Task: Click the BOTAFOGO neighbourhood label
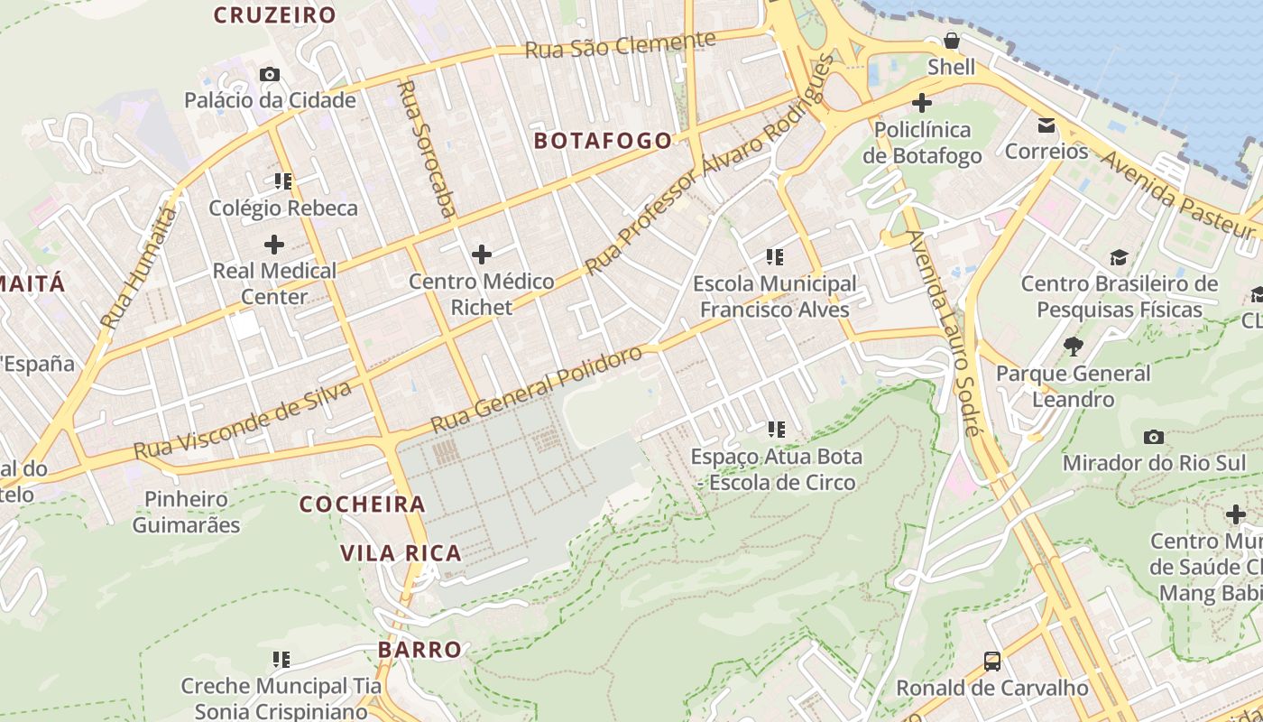pyautogui.click(x=603, y=141)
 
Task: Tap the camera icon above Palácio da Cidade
pyautogui.click(x=269, y=74)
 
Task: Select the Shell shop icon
pyautogui.click(x=951, y=41)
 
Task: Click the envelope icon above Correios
pyautogui.click(x=1046, y=125)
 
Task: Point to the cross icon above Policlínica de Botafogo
pyautogui.click(x=921, y=103)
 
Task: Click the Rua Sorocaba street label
pyautogui.click(x=427, y=149)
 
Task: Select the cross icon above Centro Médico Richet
pyautogui.click(x=482, y=255)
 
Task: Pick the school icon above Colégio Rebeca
pyautogui.click(x=282, y=181)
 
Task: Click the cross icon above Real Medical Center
pyautogui.click(x=273, y=244)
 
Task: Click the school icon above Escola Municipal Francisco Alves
pyautogui.click(x=774, y=257)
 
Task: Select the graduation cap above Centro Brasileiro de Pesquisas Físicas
pyautogui.click(x=1119, y=257)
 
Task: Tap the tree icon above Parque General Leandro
pyautogui.click(x=1073, y=346)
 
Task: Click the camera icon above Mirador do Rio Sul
pyautogui.click(x=1153, y=437)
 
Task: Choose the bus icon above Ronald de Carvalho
pyautogui.click(x=991, y=662)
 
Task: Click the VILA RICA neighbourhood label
pyautogui.click(x=401, y=553)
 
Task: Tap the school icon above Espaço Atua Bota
pyautogui.click(x=775, y=430)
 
